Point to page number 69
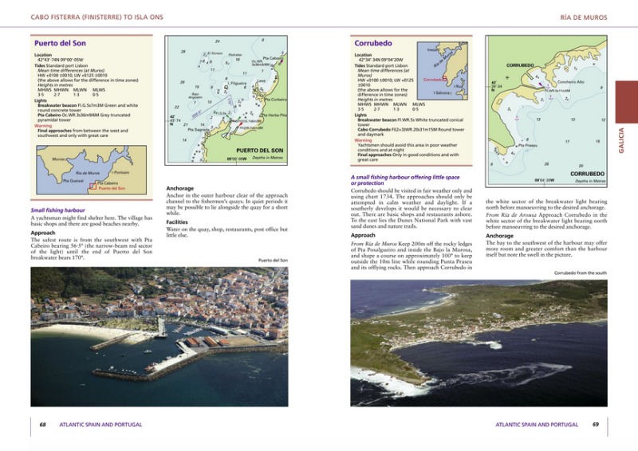pyautogui.click(x=595, y=425)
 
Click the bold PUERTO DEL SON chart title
pyautogui.click(x=260, y=150)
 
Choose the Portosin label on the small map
pyautogui.click(x=120, y=172)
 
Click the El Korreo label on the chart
pyautogui.click(x=214, y=53)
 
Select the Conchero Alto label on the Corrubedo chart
pyautogui.click(x=570, y=81)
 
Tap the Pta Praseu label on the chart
pyautogui.click(x=528, y=145)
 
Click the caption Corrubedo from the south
pyautogui.click(x=580, y=273)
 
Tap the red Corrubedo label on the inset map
pyautogui.click(x=433, y=80)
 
